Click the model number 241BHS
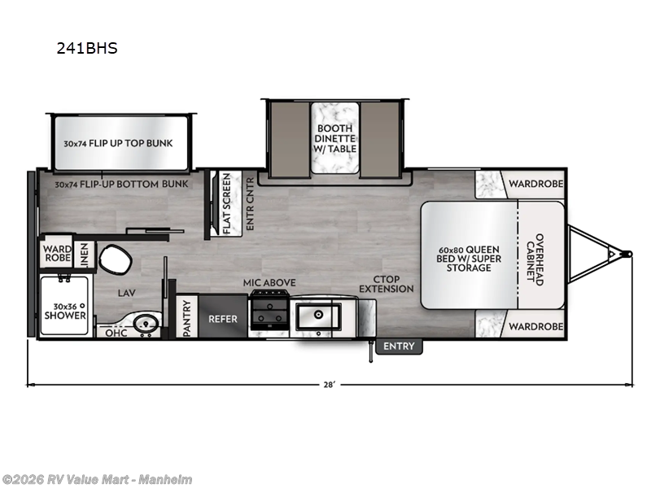87,48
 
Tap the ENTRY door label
399,346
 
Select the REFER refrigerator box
223,316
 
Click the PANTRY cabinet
187,316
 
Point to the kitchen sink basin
318,317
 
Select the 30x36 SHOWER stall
65,306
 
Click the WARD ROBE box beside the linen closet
57,253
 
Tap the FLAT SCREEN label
227,203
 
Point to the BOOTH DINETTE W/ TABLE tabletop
334,138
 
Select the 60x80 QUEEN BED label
469,258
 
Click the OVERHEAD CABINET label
535,259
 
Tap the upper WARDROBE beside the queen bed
535,184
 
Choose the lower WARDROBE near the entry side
535,326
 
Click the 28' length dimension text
329,385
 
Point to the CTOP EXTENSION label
386,284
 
